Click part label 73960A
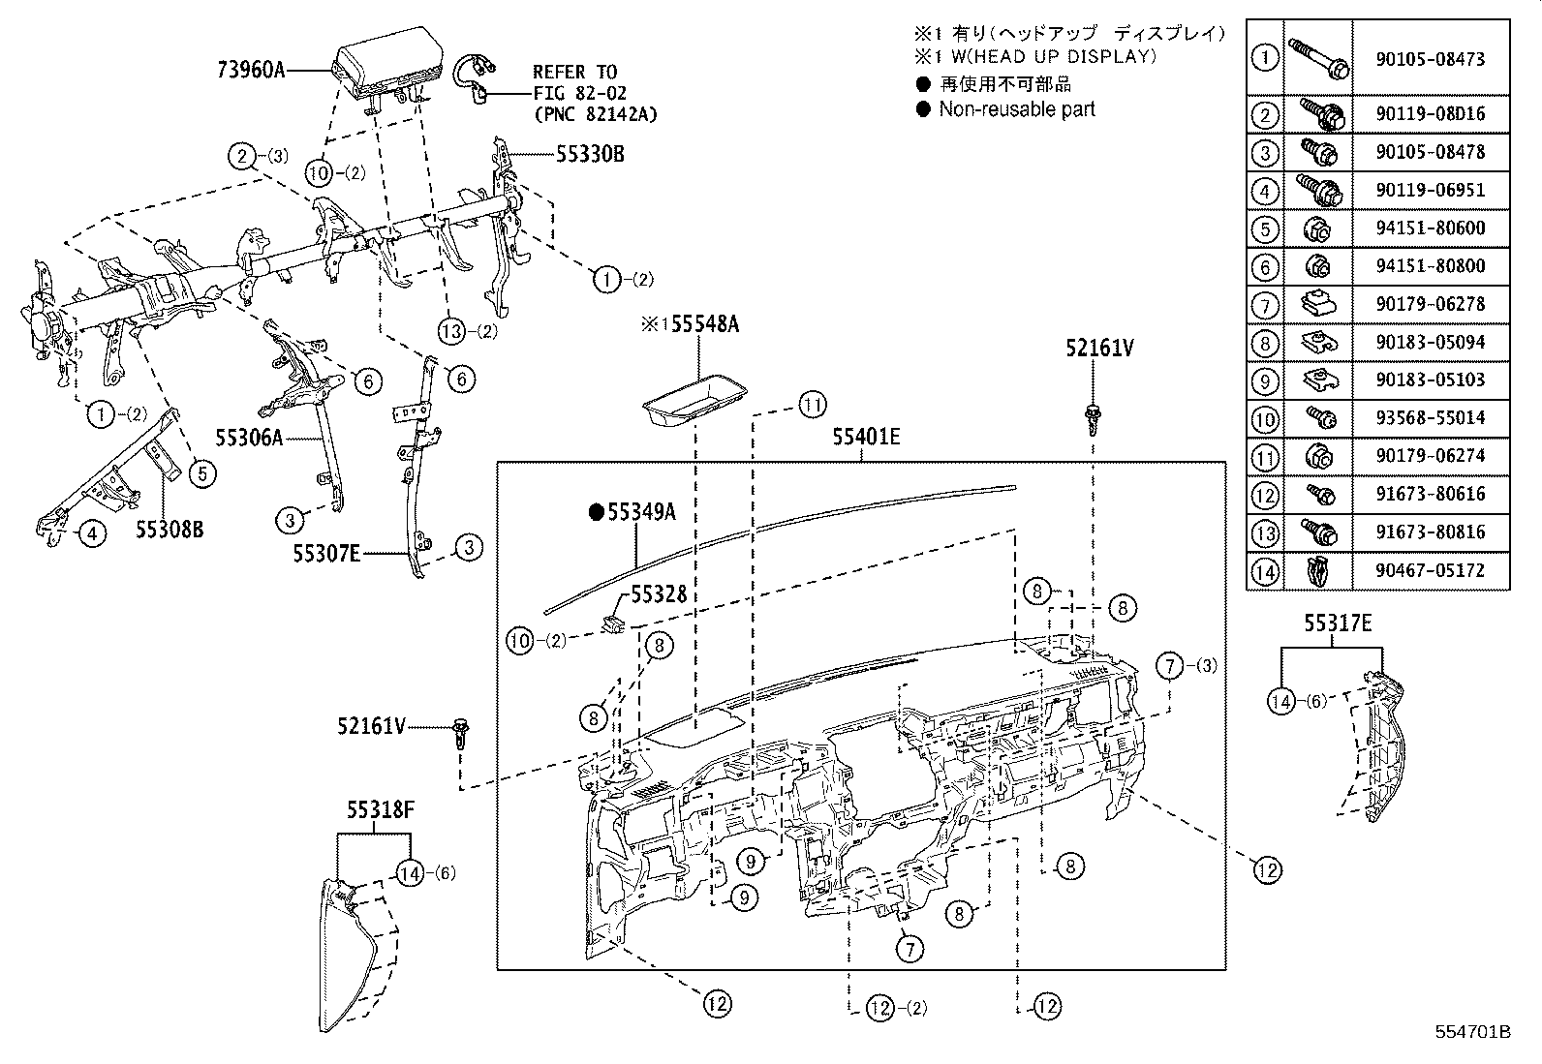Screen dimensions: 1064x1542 tap(250, 69)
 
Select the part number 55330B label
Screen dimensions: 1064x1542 tap(590, 154)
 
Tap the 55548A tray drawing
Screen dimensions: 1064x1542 tap(694, 401)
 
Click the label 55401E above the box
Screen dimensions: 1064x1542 tap(865, 438)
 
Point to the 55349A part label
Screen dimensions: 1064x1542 tap(640, 512)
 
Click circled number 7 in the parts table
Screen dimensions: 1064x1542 tap(1265, 305)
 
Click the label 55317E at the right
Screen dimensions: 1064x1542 tap(1338, 624)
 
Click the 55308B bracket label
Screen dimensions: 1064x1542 tap(169, 530)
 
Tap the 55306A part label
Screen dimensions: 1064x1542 tap(248, 439)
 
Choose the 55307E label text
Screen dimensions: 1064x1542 tap(327, 553)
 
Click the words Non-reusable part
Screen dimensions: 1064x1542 tap(1016, 109)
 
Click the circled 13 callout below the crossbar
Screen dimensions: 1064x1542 tap(452, 330)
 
